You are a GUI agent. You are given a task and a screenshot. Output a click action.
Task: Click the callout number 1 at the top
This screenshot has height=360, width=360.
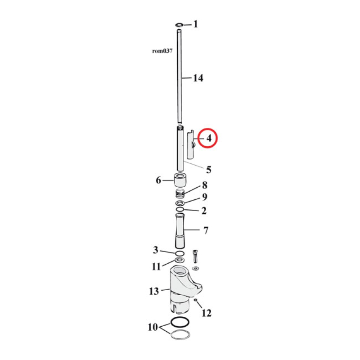(195, 24)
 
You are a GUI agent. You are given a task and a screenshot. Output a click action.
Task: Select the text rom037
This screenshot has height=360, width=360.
(162, 51)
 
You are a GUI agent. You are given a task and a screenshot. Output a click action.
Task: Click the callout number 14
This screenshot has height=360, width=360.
(198, 78)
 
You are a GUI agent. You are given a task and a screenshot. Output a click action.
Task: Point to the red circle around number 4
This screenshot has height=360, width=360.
(208, 139)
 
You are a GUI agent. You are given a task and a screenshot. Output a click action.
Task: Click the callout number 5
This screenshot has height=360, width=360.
(208, 170)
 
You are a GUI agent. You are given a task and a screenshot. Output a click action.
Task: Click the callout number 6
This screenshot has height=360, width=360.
(158, 180)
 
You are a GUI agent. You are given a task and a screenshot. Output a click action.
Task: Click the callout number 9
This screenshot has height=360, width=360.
(204, 197)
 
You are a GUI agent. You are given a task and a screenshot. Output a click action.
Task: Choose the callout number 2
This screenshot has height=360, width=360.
(204, 210)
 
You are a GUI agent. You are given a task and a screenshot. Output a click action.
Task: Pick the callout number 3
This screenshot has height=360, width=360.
(155, 250)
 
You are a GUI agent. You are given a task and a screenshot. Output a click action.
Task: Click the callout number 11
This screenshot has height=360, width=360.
(156, 266)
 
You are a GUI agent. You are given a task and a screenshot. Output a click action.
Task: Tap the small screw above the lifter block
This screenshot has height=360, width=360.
(195, 256)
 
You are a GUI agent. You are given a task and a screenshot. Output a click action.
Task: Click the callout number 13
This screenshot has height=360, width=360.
(154, 291)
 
